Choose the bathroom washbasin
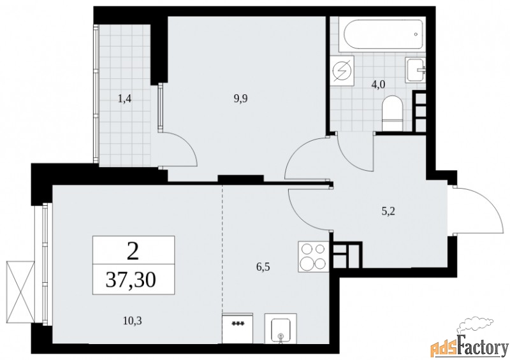[x=416, y=68]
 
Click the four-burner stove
[x=313, y=257]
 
